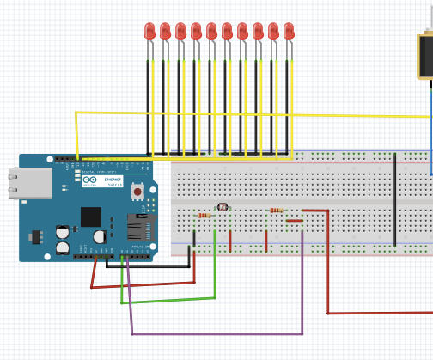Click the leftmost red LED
coord(150,32)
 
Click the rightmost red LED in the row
coord(289,32)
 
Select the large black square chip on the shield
coord(91,217)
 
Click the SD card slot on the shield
coord(140,228)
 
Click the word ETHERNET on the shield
coord(113,180)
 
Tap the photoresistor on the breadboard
coord(223,207)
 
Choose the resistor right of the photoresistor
coord(276,210)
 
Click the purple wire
coord(215,333)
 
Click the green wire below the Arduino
coord(172,300)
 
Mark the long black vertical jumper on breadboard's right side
coord(395,199)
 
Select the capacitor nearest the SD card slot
coord(101,234)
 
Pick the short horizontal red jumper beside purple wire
coord(294,221)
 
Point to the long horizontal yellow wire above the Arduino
coord(258,113)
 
